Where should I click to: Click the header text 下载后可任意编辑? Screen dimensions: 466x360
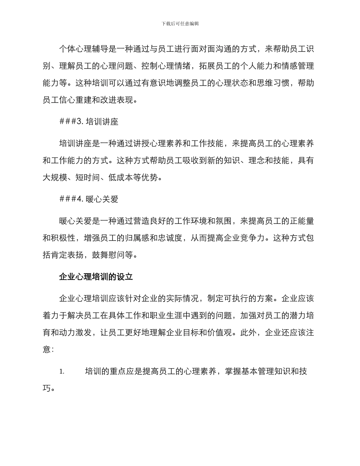click(180, 23)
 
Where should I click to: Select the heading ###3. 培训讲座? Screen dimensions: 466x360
click(89, 122)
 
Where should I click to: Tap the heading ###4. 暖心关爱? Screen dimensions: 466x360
click(89, 199)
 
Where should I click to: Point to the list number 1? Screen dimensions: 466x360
click(62, 372)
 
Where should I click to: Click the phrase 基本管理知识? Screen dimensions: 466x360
click(263, 371)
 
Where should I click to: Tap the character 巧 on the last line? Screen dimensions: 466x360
click(47, 388)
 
